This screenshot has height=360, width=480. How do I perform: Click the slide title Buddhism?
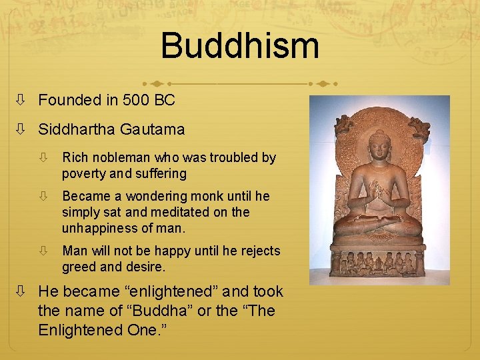[x=240, y=46]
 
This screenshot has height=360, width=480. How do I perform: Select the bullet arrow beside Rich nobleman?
[x=43, y=159]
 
